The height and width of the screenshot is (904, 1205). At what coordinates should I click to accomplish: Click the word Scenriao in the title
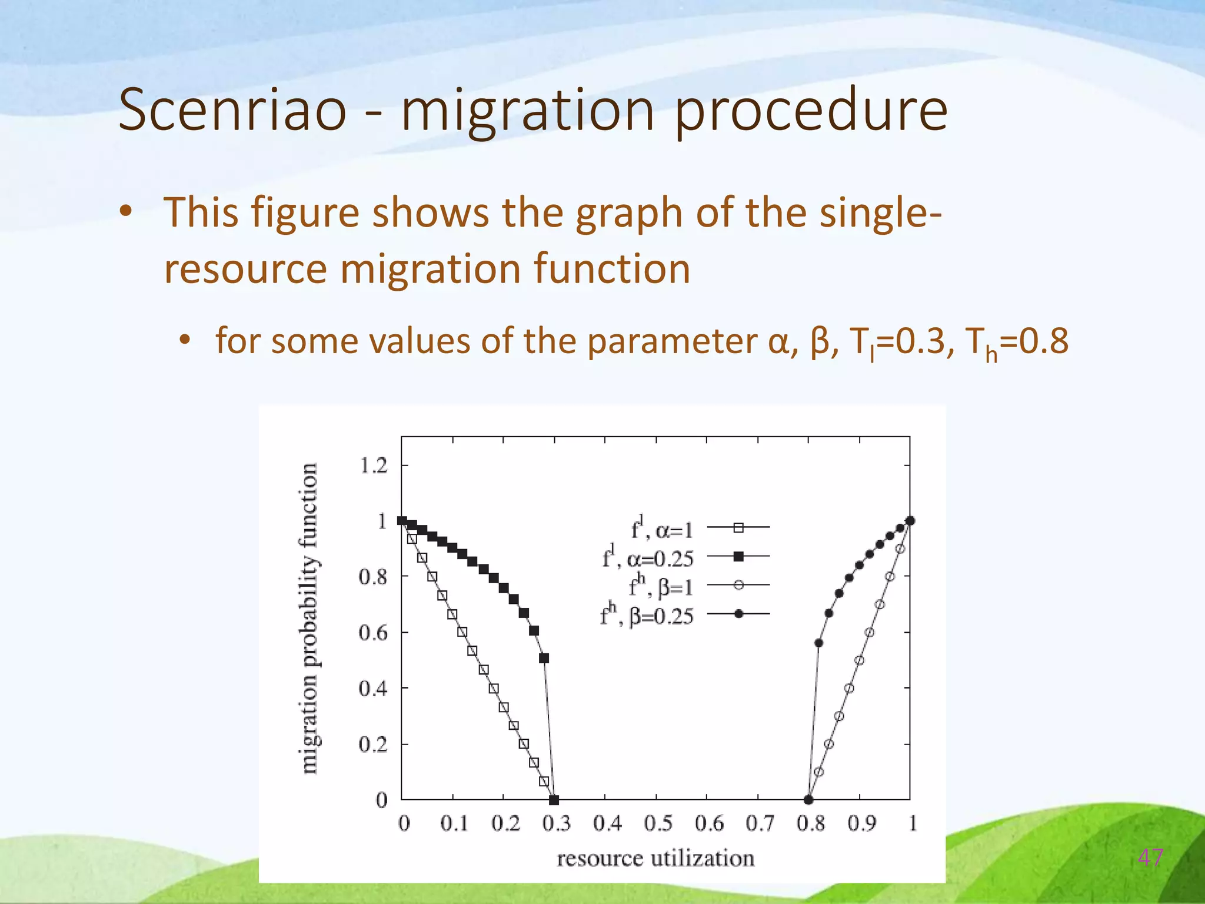(232, 110)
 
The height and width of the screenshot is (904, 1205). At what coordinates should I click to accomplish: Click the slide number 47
(1150, 858)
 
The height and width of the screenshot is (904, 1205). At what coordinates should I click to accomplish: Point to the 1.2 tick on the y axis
(374, 466)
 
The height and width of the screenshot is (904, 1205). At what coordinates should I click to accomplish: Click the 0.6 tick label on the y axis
(374, 633)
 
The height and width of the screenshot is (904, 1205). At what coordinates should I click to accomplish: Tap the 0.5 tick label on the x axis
(658, 823)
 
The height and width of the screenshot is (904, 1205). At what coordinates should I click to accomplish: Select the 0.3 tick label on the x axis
(556, 823)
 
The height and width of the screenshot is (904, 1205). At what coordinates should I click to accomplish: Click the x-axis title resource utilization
(655, 858)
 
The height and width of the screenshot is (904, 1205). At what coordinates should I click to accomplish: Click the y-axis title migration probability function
(309, 618)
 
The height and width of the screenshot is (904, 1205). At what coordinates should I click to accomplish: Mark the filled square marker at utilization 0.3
(554, 800)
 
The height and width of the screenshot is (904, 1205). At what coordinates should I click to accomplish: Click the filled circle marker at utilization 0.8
(808, 800)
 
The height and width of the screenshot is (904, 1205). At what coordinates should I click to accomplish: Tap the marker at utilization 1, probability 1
(910, 520)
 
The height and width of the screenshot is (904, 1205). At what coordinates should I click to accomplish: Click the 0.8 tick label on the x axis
(810, 823)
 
